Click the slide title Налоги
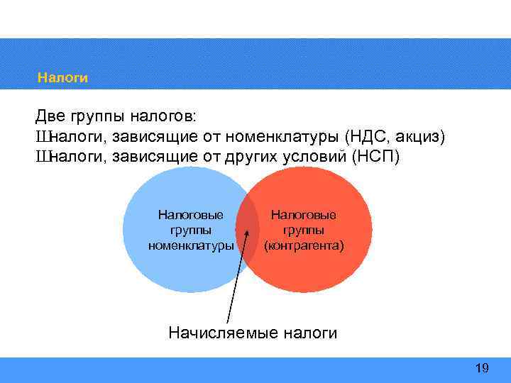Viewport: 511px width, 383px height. pos(62,78)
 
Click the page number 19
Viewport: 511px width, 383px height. pos(482,367)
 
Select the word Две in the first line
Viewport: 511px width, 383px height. pos(52,116)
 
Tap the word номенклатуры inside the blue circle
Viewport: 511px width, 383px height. pos(190,246)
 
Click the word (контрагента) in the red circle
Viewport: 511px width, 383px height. pos(304,246)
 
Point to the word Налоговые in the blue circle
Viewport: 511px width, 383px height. pos(190,214)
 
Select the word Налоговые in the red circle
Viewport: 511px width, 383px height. pos(304,214)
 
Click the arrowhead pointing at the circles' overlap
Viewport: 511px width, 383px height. pos(246,231)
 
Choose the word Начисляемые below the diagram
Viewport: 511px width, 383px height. pos(223,333)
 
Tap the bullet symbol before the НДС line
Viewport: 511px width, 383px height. pos(43,135)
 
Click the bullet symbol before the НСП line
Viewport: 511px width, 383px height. pos(43,155)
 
